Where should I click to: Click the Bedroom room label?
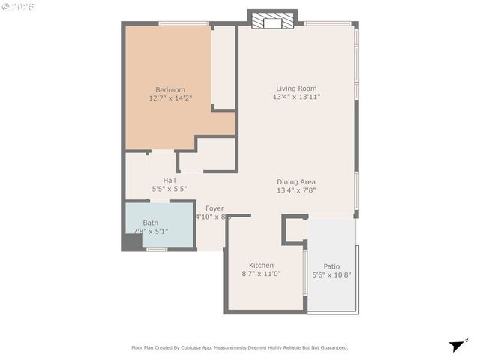(169, 88)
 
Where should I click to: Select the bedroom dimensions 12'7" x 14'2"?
(169, 97)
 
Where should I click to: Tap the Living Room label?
(296, 88)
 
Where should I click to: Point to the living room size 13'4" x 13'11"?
(296, 97)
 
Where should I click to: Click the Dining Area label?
(296, 181)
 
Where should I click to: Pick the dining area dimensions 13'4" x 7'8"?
(296, 190)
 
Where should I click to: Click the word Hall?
(169, 181)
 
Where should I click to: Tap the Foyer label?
(215, 208)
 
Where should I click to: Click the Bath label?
(151, 223)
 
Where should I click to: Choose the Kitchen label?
(261, 265)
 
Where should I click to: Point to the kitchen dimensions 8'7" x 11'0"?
(261, 274)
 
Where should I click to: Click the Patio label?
(331, 265)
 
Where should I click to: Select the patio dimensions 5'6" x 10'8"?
(331, 274)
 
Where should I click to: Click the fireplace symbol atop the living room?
(273, 22)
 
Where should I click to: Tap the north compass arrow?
(457, 346)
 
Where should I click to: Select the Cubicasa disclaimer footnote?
(240, 347)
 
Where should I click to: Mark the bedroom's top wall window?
(184, 23)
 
